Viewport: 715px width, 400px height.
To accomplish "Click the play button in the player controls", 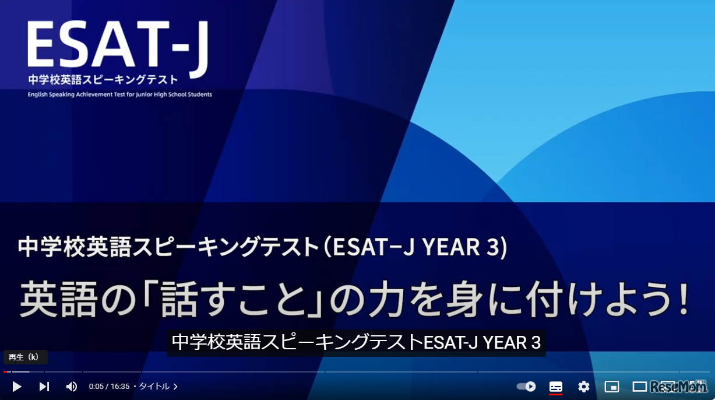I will [x=17, y=387].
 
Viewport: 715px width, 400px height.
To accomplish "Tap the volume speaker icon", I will [x=71, y=387].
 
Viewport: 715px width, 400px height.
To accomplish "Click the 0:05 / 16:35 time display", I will [x=109, y=387].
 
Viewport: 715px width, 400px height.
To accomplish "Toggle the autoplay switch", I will [x=526, y=387].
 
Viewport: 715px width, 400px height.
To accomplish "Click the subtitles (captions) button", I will [x=556, y=387].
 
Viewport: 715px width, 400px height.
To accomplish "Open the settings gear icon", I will [x=584, y=387].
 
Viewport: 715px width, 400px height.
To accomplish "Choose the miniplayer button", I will [x=612, y=387].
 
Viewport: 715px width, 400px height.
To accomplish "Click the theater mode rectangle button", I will [x=640, y=387].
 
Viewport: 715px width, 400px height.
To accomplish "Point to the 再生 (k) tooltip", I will [x=25, y=357].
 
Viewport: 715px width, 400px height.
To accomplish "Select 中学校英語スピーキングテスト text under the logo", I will [x=103, y=80].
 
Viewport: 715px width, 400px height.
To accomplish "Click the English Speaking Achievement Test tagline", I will [x=119, y=94].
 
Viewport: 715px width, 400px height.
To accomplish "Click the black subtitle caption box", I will [x=356, y=343].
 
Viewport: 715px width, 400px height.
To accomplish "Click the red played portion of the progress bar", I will [x=6, y=371].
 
